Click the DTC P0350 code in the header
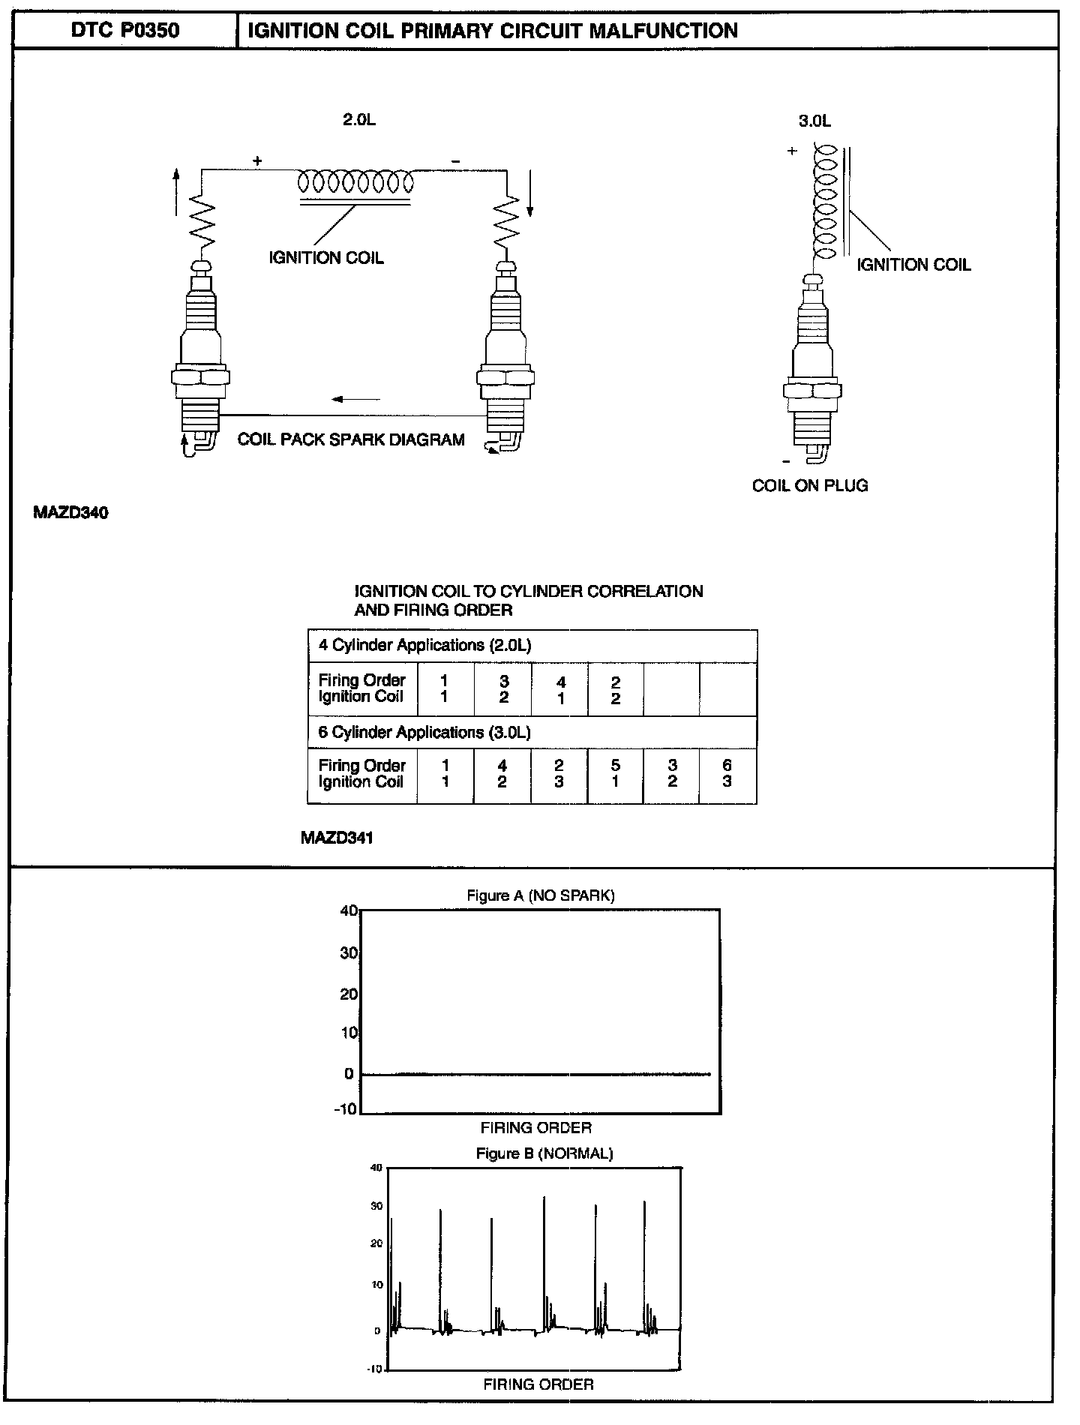124,30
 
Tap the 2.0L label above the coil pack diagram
358,120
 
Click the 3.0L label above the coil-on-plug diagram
814,121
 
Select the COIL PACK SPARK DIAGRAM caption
351,439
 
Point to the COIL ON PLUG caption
810,485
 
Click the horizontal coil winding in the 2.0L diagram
355,181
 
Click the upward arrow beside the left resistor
176,191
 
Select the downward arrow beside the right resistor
530,193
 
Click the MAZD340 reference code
70,513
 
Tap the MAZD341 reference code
337,838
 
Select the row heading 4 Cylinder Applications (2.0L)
425,646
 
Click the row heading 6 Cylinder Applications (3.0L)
424,732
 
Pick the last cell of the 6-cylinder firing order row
727,774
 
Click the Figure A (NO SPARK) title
541,895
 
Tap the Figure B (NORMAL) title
544,1153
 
